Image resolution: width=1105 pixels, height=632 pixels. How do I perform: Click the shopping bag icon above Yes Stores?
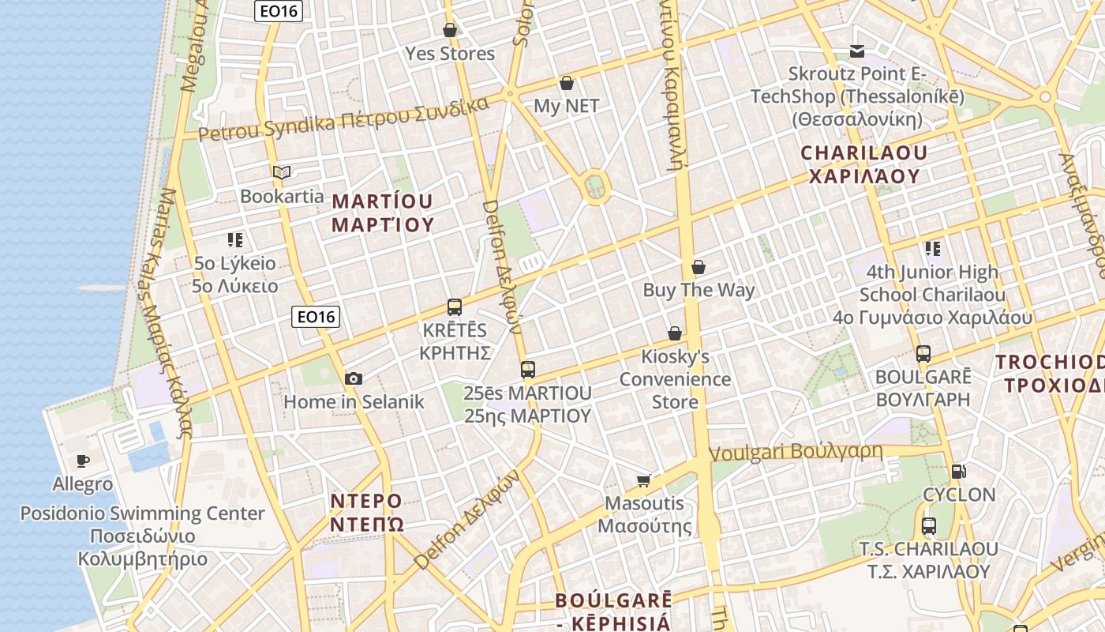click(450, 30)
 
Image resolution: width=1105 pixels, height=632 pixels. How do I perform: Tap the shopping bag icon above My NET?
click(566, 83)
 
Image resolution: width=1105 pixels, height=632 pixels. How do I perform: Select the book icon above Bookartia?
click(282, 172)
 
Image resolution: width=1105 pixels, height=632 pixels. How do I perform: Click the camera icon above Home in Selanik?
click(354, 378)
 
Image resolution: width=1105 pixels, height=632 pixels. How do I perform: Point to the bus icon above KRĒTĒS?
click(455, 307)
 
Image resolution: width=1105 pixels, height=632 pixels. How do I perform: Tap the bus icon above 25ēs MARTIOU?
click(528, 369)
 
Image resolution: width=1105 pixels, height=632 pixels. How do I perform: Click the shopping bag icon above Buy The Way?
click(698, 267)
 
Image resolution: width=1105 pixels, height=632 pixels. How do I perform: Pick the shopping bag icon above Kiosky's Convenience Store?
click(675, 333)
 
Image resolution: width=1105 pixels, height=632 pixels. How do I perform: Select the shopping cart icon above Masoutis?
click(644, 480)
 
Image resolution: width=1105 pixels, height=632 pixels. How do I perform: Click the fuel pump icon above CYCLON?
click(959, 472)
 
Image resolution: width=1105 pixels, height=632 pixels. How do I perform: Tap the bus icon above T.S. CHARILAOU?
click(929, 525)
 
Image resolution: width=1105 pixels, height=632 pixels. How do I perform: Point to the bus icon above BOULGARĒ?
click(923, 353)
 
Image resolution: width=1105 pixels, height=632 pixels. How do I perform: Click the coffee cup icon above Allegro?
click(83, 461)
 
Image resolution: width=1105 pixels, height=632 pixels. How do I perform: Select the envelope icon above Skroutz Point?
click(857, 51)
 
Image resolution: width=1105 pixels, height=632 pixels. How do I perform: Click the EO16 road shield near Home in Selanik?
click(316, 317)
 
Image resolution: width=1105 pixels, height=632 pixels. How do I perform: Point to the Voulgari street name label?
click(796, 453)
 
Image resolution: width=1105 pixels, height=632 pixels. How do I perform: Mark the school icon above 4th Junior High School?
click(932, 249)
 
